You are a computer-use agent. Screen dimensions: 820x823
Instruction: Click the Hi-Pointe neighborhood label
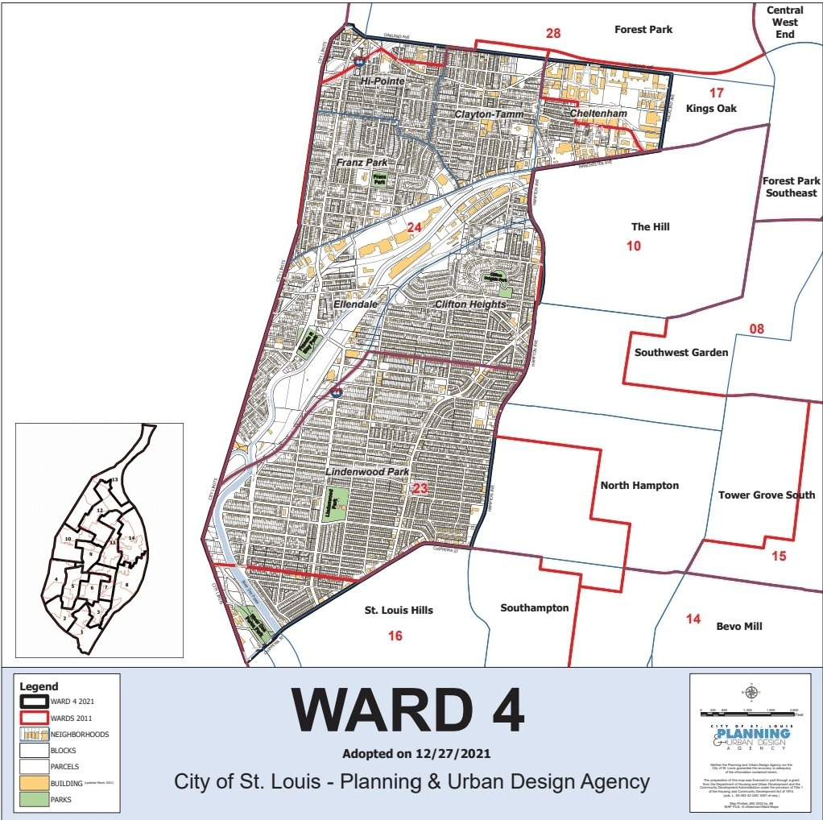click(x=382, y=81)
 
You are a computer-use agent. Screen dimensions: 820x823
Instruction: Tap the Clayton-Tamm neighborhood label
click(x=489, y=114)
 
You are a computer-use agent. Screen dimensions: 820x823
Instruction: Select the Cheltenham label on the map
click(x=598, y=114)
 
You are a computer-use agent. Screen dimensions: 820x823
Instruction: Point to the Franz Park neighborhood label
click(x=362, y=163)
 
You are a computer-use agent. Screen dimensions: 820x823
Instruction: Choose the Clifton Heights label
click(x=470, y=304)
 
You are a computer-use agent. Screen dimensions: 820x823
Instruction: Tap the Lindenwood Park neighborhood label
click(x=367, y=472)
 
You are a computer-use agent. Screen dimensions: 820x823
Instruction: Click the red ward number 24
click(x=414, y=228)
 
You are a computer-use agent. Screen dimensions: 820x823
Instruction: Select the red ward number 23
click(x=420, y=488)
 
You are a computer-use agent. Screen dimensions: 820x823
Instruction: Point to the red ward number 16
click(x=395, y=636)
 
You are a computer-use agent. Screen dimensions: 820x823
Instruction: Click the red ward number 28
click(x=553, y=34)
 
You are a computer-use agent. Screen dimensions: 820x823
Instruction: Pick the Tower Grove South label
click(x=766, y=495)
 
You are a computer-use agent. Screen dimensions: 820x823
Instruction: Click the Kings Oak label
click(x=711, y=108)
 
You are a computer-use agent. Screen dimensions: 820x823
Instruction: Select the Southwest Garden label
click(x=681, y=352)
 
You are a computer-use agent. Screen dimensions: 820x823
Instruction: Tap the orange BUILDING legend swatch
click(x=34, y=782)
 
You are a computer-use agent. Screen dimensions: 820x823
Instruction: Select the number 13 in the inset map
click(x=115, y=480)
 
